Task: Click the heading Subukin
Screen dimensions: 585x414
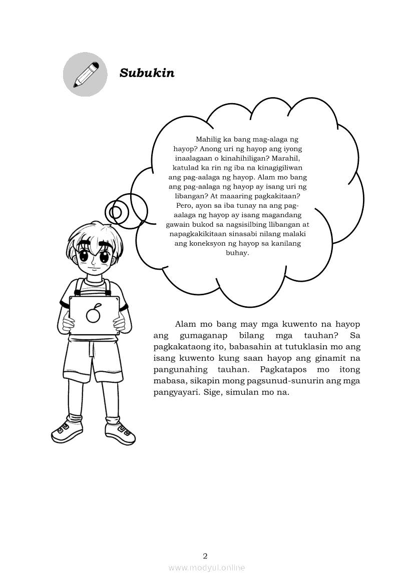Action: tap(147, 73)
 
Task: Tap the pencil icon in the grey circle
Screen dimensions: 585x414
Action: tap(85, 74)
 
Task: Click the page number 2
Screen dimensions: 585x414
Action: tap(205, 555)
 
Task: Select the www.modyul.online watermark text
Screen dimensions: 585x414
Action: tap(207, 567)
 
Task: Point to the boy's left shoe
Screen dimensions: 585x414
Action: tap(120, 431)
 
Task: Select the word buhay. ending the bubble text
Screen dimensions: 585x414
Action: tap(238, 253)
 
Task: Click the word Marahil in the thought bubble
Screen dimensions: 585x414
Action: tap(284, 158)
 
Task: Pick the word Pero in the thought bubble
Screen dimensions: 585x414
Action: tap(185, 206)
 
